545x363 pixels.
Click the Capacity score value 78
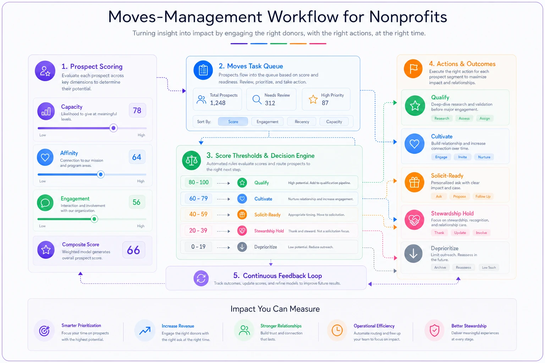137,110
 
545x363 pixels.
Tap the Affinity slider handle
100,174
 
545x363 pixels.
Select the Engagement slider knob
94,219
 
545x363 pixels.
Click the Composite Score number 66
133,250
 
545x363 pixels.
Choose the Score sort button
233,122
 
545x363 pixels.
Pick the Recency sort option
302,122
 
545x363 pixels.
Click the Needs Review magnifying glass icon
257,99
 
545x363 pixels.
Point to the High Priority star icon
313,99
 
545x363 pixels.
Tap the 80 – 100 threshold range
199,182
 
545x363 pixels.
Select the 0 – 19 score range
198,247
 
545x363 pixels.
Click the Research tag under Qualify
442,118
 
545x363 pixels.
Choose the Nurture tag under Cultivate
484,157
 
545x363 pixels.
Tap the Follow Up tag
483,196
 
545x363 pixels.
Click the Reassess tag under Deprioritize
463,267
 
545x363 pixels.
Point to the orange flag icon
413,68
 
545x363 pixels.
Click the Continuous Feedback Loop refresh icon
201,278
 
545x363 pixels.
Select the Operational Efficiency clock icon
337,330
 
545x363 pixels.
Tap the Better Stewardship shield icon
434,331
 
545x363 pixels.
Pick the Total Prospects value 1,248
218,103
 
